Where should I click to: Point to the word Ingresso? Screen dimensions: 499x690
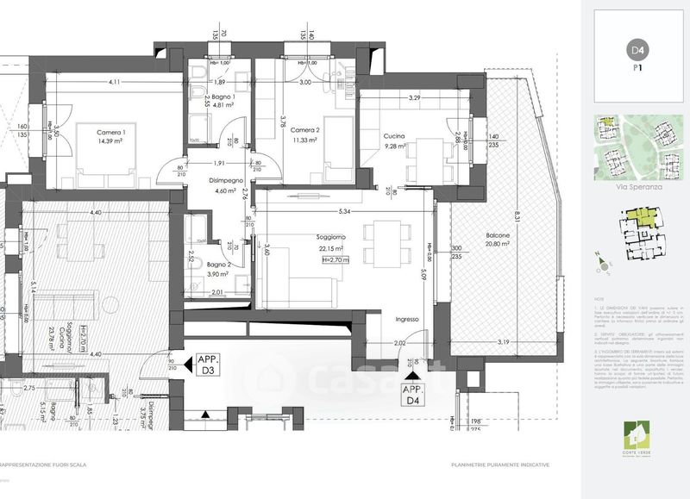pyautogui.click(x=406, y=319)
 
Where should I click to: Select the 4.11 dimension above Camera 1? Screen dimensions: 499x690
pyautogui.click(x=114, y=82)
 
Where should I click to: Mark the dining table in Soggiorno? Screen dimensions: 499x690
pyautogui.click(x=380, y=241)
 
